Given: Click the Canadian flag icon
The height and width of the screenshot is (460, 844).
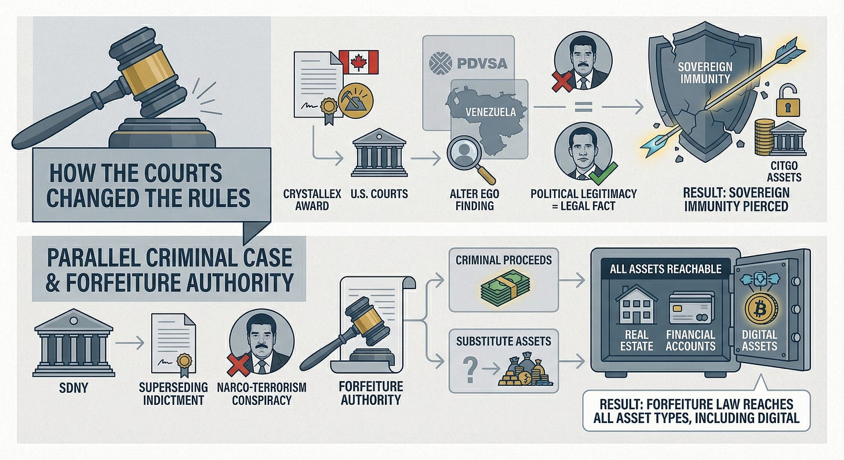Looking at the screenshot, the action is [358, 62].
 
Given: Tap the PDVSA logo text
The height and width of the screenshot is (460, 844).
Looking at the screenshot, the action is [468, 62].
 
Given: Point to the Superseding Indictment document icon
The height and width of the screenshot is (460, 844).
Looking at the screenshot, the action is [172, 344].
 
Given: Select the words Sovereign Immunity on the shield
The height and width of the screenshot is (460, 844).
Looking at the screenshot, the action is [705, 72].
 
